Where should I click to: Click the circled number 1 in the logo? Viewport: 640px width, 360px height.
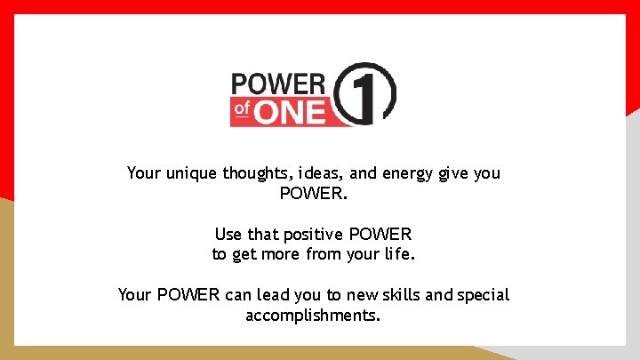pos(367,93)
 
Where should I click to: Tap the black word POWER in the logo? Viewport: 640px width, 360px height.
pos(278,84)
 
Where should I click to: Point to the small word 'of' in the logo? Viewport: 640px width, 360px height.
pos(243,110)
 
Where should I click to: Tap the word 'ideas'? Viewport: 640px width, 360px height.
pos(328,173)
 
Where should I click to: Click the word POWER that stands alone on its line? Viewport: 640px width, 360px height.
pos(313,194)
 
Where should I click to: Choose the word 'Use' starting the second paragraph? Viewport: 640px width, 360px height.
pos(228,235)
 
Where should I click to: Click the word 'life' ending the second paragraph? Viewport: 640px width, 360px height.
pos(396,255)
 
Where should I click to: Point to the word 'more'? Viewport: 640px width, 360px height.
pos(278,255)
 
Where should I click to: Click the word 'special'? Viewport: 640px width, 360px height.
pos(484,295)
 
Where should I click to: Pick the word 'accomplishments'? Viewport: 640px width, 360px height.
pos(313,316)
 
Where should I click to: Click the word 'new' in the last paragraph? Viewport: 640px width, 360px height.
pos(358,295)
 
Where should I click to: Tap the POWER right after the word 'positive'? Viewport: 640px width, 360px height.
pos(380,235)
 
